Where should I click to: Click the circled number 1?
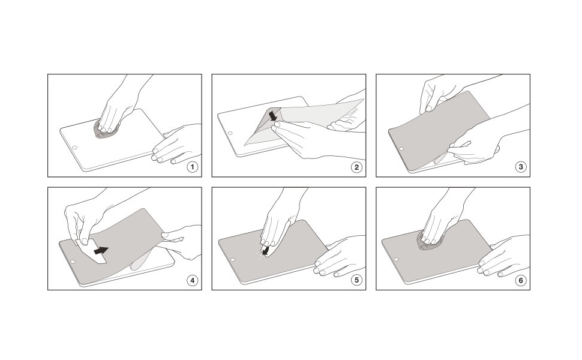pos(192,167)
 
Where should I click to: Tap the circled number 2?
pos(356,167)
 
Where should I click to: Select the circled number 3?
pos(520,167)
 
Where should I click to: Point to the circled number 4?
pos(192,280)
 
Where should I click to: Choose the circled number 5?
pos(356,280)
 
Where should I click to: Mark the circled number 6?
pos(520,280)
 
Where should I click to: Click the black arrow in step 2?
pos(273,115)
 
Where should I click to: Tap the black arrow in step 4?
pos(101,251)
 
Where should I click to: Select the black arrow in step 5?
pos(265,251)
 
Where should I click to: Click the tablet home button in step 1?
pos(74,148)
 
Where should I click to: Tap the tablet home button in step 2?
pos(230,133)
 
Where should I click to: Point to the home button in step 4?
pos(73,262)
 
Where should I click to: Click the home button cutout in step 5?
pos(233,260)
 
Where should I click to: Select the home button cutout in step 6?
pos(397,259)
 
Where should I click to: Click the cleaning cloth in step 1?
pos(107,130)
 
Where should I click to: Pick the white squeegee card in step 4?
pos(92,251)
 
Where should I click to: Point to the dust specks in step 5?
pos(260,254)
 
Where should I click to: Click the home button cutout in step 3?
pos(401,148)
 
